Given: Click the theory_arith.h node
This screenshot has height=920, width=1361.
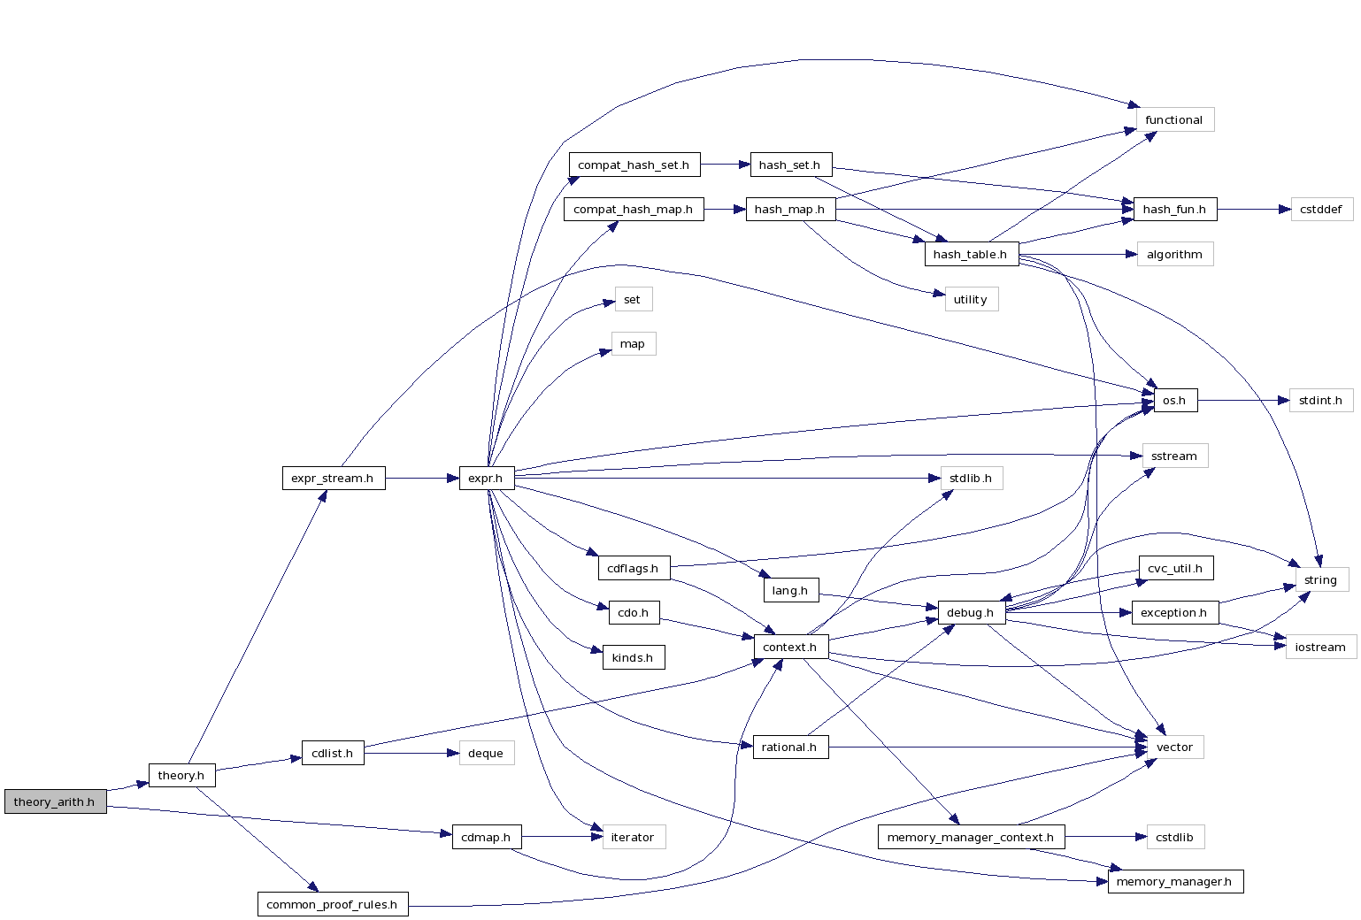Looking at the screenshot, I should (x=55, y=801).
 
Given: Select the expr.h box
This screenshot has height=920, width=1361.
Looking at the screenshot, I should (x=486, y=478).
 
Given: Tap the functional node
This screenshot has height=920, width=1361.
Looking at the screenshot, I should (x=1174, y=119).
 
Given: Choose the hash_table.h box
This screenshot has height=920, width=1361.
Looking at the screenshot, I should (x=971, y=254).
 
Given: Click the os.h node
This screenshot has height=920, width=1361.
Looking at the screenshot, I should (x=1174, y=400).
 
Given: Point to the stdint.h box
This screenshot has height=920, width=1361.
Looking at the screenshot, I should (x=1320, y=400).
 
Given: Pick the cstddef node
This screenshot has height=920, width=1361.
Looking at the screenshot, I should (x=1321, y=210).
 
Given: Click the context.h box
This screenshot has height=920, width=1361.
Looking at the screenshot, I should (x=790, y=647).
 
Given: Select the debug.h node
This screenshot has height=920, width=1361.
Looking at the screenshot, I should (x=971, y=612).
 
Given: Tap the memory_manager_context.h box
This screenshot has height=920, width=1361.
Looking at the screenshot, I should (x=971, y=837).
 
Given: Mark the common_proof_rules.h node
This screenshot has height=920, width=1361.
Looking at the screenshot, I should (x=332, y=904).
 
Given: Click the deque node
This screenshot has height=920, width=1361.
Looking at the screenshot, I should (x=486, y=753).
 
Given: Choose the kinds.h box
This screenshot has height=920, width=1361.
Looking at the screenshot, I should (x=633, y=657).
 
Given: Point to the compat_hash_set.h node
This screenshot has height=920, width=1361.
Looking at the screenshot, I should (x=634, y=165).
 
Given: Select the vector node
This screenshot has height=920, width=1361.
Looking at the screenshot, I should (x=1174, y=747).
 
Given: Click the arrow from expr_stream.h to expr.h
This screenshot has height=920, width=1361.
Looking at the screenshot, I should (x=422, y=478).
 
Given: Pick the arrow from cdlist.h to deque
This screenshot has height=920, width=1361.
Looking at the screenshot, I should (x=411, y=753).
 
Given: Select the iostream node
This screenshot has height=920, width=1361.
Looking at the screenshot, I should (x=1320, y=647).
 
